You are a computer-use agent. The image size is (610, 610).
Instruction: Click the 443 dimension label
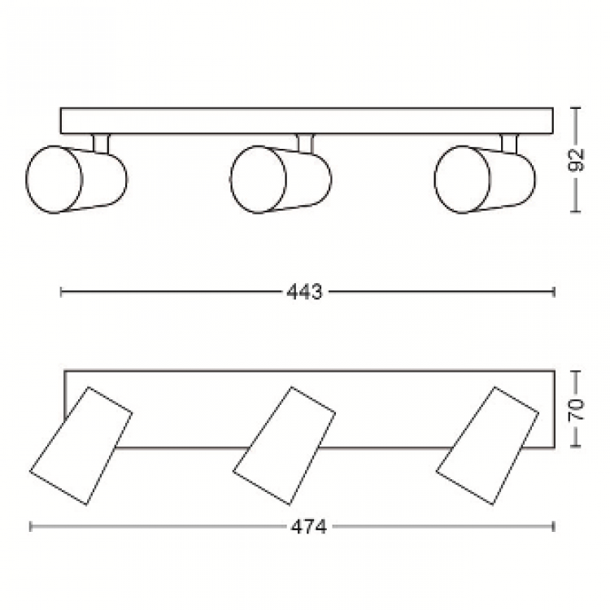[305, 292]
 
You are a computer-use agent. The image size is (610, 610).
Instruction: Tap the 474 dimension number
[309, 527]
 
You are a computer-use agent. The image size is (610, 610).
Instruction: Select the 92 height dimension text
[576, 159]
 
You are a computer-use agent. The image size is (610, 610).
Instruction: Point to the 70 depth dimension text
[576, 409]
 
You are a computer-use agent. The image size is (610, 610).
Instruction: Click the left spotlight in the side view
[76, 180]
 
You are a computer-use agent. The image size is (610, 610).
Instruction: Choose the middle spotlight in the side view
[281, 180]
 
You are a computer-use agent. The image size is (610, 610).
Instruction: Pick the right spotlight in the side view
[485, 180]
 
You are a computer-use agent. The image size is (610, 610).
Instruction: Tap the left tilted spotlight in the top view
[81, 446]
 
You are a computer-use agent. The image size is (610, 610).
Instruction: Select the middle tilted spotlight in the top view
[285, 446]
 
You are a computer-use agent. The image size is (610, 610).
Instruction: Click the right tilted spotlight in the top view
[487, 446]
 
